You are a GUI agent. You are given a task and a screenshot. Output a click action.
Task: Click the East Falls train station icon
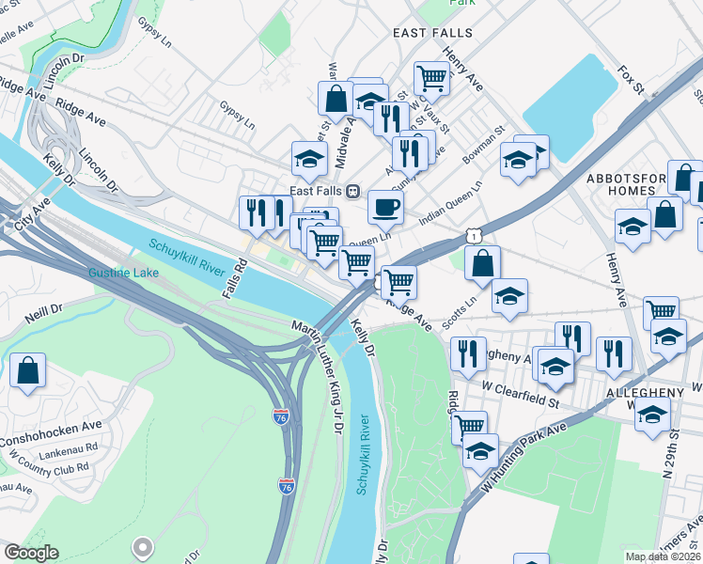tap(353, 191)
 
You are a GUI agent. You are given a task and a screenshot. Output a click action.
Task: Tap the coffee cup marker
tap(384, 208)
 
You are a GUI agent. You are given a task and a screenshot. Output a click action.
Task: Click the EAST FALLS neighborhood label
tap(432, 33)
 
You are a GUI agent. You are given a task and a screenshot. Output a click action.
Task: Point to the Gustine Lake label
tap(123, 274)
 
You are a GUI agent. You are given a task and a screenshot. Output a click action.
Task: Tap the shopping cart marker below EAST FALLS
tap(431, 77)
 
